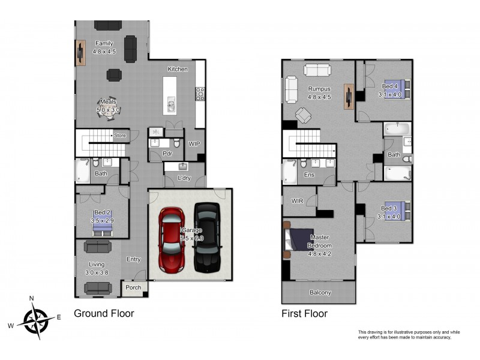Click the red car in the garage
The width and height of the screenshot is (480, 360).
coord(172,240)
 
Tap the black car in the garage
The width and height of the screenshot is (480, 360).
coord(207,238)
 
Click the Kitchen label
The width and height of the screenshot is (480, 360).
coord(178,69)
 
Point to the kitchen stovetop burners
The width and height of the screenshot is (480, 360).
coord(200,94)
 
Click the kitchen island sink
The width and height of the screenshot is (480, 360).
coord(171,105)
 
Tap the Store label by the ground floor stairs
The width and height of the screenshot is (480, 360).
coord(119,136)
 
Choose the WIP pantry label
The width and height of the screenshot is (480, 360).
coord(194,143)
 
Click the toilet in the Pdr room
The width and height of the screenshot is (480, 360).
coord(176,143)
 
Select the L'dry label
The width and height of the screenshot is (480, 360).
coord(184,178)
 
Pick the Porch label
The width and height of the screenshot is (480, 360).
coord(133,288)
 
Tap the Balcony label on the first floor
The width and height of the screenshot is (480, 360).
coord(320,293)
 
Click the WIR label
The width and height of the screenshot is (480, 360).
coord(297,201)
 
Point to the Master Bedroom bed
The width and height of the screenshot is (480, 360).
coord(299,239)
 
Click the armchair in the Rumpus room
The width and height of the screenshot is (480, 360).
coord(303,115)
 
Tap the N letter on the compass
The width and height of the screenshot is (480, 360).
coord(31,298)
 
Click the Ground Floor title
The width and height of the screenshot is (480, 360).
coord(104,313)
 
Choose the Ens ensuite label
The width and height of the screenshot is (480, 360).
coord(309,175)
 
